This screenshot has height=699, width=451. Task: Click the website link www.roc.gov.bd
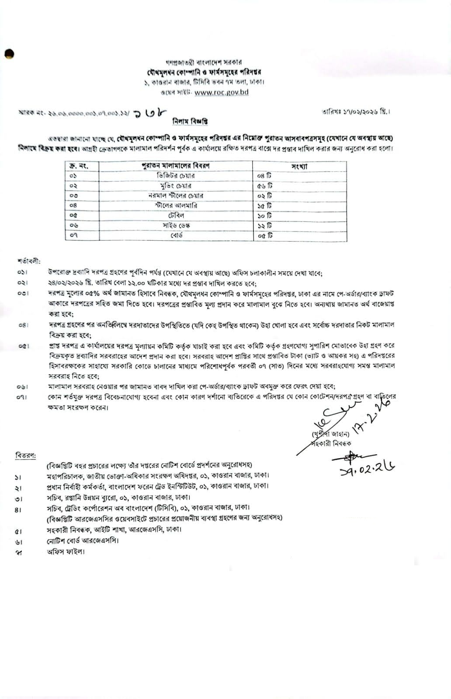pos(222,92)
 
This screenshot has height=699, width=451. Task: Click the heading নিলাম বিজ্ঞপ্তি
pos(189,121)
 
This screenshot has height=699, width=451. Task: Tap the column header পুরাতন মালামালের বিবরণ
pos(176,166)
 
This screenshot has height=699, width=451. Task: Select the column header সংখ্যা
pos(299,166)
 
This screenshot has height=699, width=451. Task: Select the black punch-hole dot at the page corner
pos(10,53)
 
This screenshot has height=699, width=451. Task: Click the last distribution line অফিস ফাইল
pos(66,551)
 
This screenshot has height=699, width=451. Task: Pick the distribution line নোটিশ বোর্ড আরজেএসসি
pos(83,540)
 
